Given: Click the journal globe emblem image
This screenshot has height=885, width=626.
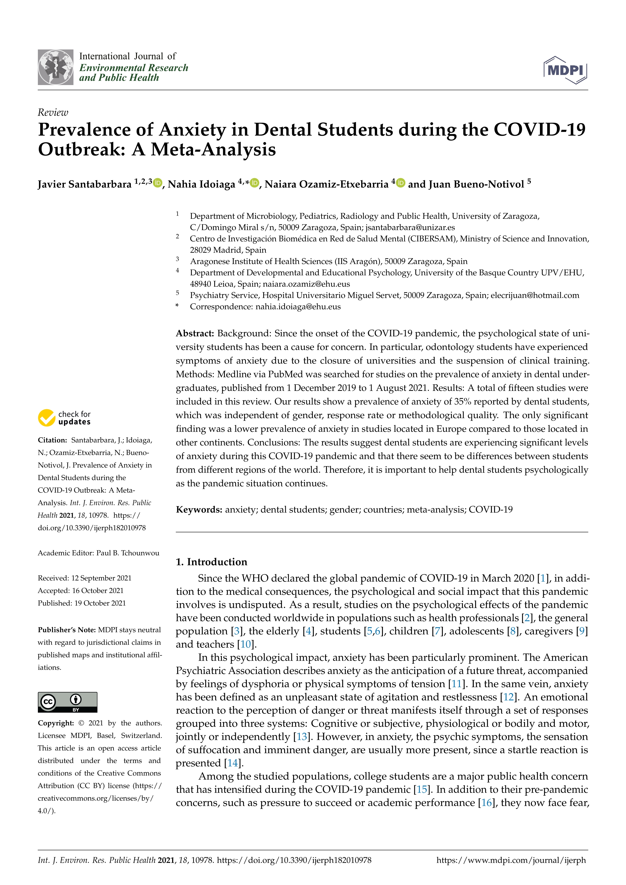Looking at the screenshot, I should coord(56,67).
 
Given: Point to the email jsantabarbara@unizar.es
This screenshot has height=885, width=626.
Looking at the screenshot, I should coord(410,227).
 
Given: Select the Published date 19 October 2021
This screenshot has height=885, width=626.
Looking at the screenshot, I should coord(100,603).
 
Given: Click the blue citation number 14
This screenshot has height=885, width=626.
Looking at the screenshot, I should coord(232,763).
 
